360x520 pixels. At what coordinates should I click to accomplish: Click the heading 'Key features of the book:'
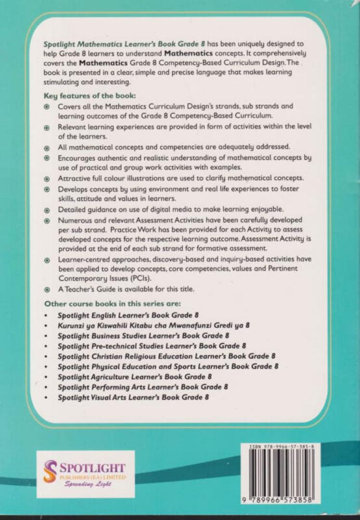click(x=88, y=95)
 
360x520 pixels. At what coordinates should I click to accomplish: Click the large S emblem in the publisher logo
click(x=50, y=471)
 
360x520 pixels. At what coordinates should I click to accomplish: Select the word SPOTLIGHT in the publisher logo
click(x=92, y=468)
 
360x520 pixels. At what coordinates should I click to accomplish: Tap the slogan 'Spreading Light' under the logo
click(x=88, y=484)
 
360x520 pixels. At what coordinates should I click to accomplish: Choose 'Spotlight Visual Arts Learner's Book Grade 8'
click(x=133, y=397)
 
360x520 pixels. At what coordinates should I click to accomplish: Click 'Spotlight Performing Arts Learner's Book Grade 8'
click(x=142, y=387)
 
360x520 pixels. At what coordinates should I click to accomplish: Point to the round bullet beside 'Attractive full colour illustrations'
click(x=47, y=179)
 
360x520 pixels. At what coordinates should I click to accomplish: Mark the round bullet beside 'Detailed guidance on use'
click(x=47, y=210)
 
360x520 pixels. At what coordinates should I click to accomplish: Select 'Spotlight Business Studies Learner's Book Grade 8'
click(x=143, y=336)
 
